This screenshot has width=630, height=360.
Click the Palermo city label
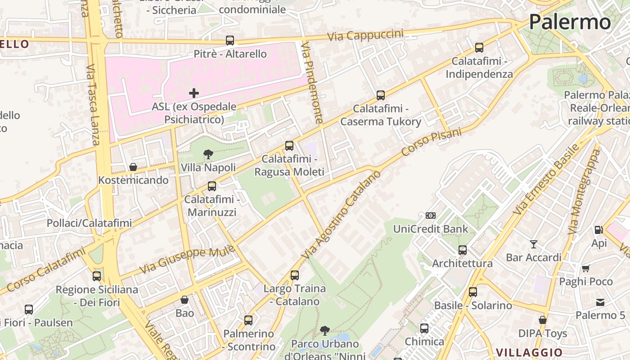point(570,22)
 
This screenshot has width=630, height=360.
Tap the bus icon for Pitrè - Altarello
point(230,40)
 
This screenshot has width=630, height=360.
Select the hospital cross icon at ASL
point(194,93)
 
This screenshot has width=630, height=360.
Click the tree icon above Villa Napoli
point(208,155)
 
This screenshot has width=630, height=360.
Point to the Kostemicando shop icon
point(133,167)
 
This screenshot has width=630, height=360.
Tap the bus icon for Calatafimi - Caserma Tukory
point(381,95)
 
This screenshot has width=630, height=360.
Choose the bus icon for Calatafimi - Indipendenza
point(479,48)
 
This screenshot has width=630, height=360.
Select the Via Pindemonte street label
point(312,83)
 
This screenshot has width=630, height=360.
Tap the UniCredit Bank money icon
point(431,216)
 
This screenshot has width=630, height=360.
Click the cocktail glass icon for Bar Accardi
point(534,244)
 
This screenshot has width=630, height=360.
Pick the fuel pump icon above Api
point(598,230)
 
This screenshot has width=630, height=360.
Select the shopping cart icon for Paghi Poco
point(585,269)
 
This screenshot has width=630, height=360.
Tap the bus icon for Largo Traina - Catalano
point(295,275)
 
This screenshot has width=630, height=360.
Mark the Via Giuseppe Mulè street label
point(187,260)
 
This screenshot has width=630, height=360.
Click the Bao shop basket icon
point(184,300)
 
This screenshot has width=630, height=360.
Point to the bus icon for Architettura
point(463,250)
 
